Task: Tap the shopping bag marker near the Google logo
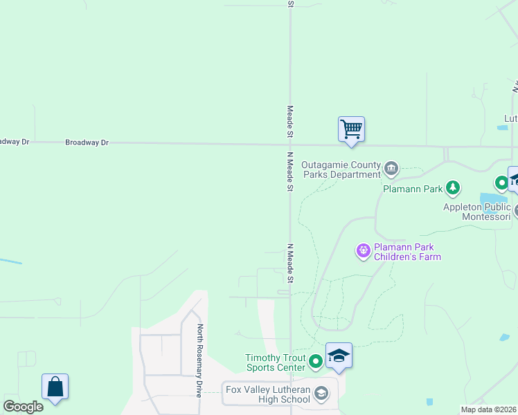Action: (x=55, y=387)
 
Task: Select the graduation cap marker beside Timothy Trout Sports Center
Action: (x=339, y=356)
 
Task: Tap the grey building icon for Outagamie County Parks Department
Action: (x=391, y=168)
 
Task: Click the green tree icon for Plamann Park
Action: (x=452, y=187)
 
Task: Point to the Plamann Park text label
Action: (x=412, y=187)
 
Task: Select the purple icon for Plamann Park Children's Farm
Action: (x=364, y=251)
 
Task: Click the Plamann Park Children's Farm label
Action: (x=407, y=252)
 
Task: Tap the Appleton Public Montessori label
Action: (x=476, y=212)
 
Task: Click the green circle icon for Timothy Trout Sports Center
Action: (x=316, y=360)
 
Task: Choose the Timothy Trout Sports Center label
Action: (x=275, y=362)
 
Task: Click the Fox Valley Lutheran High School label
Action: (x=267, y=394)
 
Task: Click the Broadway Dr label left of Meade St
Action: (x=87, y=142)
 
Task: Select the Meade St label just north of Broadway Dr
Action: (x=291, y=121)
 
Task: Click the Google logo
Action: (x=23, y=407)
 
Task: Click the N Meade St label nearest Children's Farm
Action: (x=291, y=263)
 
